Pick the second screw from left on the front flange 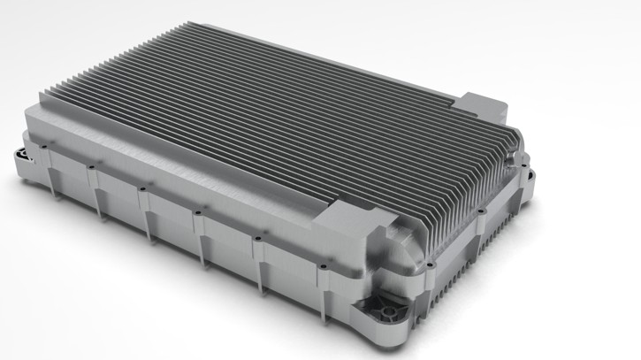point(90,166)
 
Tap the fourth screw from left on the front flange point(197,211)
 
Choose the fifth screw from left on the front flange point(256,236)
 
